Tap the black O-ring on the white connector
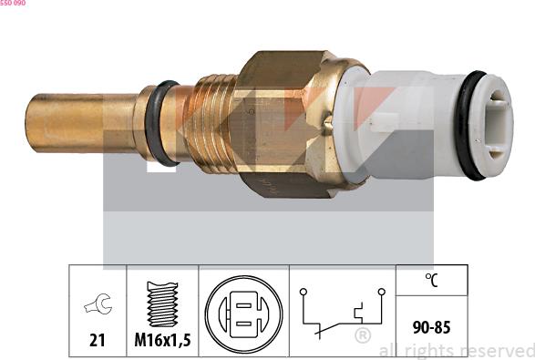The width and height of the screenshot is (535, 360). [472, 125]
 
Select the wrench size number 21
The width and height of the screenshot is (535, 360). [97, 340]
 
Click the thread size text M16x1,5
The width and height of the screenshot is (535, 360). [161, 340]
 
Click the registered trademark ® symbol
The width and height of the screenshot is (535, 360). [362, 337]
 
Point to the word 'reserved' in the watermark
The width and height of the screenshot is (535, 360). [496, 351]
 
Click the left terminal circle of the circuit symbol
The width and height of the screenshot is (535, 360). [303, 293]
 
